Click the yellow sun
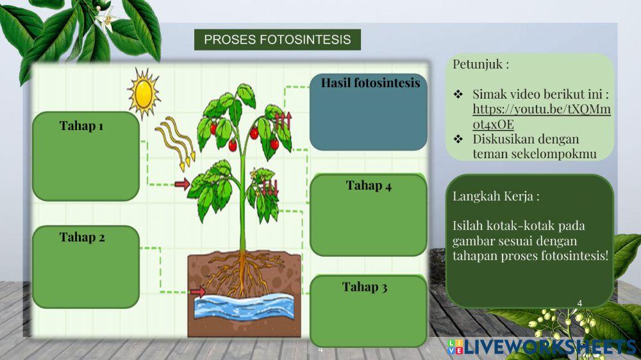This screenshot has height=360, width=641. pyautogui.click(x=144, y=93)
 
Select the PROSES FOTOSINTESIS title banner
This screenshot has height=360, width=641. pyautogui.click(x=277, y=40)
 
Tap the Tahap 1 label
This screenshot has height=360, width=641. pyautogui.click(x=81, y=126)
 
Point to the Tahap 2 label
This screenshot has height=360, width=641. pyautogui.click(x=82, y=238)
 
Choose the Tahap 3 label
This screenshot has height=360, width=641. pyautogui.click(x=364, y=287)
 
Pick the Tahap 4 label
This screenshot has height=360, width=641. pyautogui.click(x=369, y=186)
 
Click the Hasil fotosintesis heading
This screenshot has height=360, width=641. pyautogui.click(x=370, y=83)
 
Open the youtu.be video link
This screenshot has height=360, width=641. pyautogui.click(x=541, y=117)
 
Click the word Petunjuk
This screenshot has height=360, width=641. pyautogui.click(x=478, y=65)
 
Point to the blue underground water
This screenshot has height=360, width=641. pyautogui.click(x=244, y=306)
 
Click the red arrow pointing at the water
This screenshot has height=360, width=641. pyautogui.click(x=198, y=291)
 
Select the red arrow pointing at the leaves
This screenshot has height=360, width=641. pyautogui.click(x=182, y=184)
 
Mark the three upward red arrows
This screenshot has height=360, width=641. pyautogui.click(x=283, y=120)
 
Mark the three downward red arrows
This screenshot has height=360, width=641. pyautogui.click(x=270, y=188)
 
